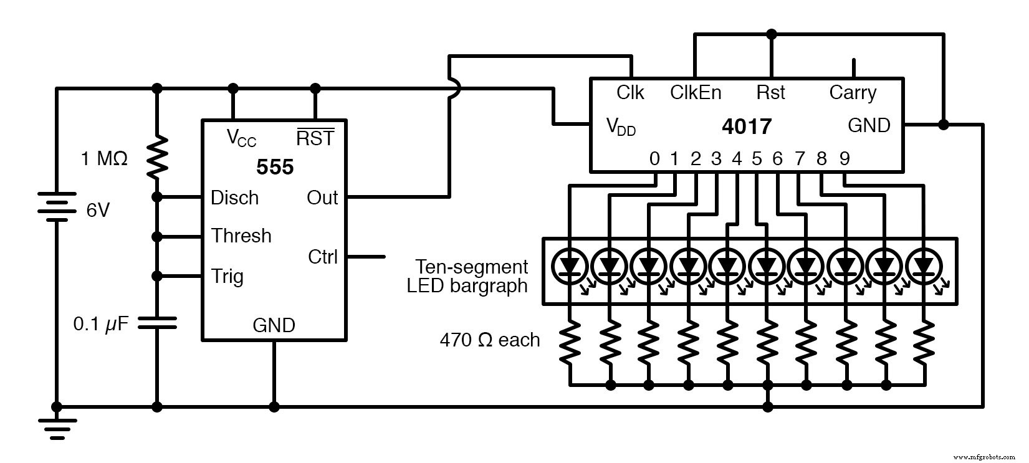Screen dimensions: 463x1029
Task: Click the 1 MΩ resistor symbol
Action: pyautogui.click(x=156, y=158)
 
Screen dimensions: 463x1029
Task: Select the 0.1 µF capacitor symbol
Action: pyautogui.click(x=156, y=323)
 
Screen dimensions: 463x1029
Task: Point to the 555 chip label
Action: pyautogui.click(x=275, y=167)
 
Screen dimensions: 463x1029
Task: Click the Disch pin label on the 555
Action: pyautogui.click(x=234, y=198)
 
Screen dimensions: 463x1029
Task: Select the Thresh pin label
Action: pyautogui.click(x=241, y=236)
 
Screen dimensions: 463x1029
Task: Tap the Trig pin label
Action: pyautogui.click(x=227, y=276)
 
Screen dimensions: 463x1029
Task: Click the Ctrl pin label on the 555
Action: pyautogui.click(x=323, y=256)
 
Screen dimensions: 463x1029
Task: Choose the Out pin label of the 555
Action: pyautogui.click(x=322, y=198)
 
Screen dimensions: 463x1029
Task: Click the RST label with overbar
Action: pyautogui.click(x=315, y=138)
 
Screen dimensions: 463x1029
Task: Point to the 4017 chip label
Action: pyautogui.click(x=746, y=126)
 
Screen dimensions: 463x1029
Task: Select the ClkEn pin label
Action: pyautogui.click(x=696, y=93)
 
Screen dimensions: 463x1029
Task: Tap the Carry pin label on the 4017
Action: pyautogui.click(x=853, y=93)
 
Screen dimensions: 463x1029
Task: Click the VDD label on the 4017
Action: pyautogui.click(x=621, y=126)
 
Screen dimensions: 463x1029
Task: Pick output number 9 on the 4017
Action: pyautogui.click(x=845, y=159)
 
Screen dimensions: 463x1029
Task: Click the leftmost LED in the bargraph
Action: pyautogui.click(x=570, y=266)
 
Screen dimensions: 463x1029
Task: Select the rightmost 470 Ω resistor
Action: pyautogui.click(x=924, y=343)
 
